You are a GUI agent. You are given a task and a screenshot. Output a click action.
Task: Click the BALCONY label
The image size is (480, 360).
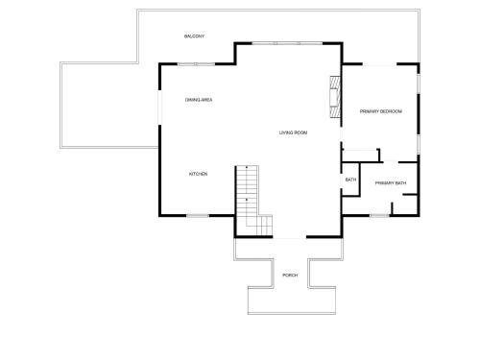coord(194,36)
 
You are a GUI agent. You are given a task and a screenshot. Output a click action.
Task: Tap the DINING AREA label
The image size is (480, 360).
coord(199,100)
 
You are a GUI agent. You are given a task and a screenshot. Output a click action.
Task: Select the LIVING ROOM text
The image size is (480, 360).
coord(293,132)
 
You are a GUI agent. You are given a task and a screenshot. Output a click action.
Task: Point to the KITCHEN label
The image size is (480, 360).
coord(199,174)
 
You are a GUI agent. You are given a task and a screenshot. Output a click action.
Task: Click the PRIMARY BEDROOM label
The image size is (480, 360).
coord(381,111)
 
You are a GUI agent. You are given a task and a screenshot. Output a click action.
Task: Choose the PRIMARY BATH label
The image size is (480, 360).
coord(391,183)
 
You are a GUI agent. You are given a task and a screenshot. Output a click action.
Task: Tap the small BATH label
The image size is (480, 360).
coord(350,180)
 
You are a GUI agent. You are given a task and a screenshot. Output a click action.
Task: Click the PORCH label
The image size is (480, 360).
coord(290,276)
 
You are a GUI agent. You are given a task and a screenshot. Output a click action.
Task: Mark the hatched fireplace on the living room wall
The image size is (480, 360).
coord(335,97)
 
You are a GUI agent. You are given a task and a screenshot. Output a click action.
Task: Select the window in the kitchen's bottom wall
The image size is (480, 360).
coord(198,216)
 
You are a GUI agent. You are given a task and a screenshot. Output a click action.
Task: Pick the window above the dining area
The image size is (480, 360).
coord(196,64)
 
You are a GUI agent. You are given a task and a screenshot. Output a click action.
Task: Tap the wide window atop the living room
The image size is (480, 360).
coord(287,43)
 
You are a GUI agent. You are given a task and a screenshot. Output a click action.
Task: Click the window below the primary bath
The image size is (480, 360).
coord(379,216)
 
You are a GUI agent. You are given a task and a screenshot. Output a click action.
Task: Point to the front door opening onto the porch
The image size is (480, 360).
coord(290,237)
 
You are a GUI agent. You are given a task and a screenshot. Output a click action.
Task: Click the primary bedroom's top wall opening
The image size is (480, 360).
coord(380,64)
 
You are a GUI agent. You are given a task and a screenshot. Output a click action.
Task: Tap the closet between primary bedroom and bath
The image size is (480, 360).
coord(361,156)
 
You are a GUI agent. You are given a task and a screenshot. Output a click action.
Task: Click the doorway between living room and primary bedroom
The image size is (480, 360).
coord(341,134)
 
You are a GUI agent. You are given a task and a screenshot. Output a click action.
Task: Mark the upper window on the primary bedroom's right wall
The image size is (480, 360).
coord(418,84)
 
